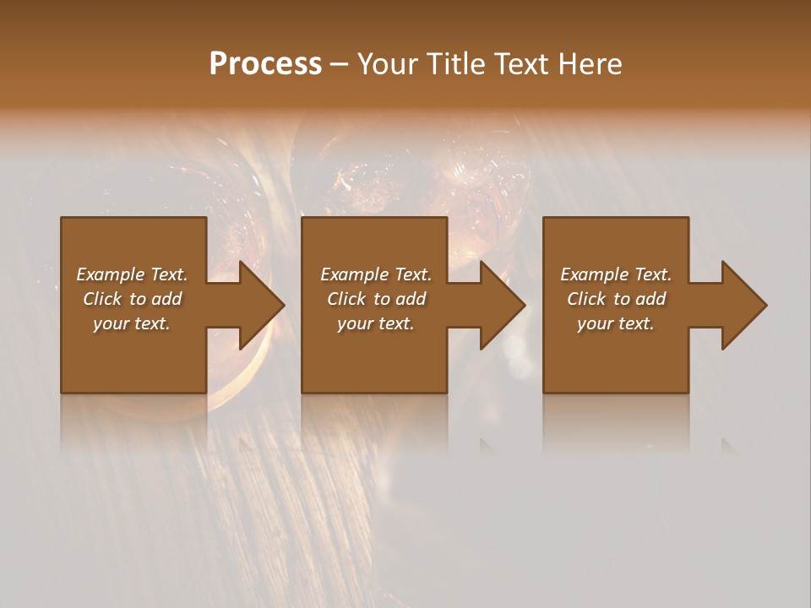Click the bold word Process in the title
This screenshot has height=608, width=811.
[265, 64]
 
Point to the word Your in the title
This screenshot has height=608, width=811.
[387, 64]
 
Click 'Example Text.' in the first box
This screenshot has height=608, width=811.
[132, 274]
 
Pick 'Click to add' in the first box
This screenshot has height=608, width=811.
[132, 299]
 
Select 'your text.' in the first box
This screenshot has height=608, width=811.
[132, 323]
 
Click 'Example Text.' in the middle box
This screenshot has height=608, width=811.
[376, 274]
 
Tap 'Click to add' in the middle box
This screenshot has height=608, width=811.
[376, 299]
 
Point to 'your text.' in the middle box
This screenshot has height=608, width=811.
[376, 323]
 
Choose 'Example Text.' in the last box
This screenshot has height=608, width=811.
[616, 274]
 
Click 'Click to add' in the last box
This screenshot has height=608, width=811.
[616, 299]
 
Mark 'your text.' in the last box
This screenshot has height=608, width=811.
[616, 323]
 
